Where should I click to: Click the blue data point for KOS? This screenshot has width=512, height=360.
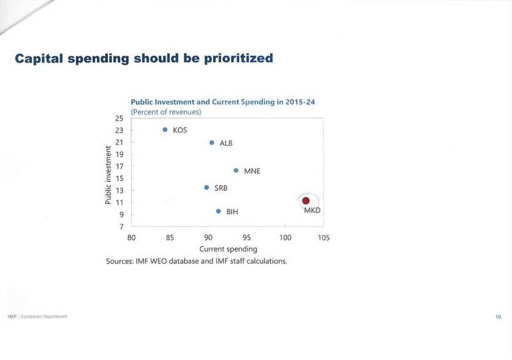click(165, 130)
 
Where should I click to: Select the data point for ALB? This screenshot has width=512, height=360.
click(212, 143)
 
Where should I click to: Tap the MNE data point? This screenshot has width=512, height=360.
click(236, 170)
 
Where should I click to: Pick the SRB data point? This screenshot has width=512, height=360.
click(206, 187)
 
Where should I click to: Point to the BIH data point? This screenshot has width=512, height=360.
click(218, 212)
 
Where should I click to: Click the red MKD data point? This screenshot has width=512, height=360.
click(306, 201)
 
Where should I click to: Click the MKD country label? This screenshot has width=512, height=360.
click(312, 210)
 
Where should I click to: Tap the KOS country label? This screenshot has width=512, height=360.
click(180, 131)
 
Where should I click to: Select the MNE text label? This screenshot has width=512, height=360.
click(252, 171)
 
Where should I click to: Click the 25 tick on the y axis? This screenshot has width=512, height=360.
click(119, 118)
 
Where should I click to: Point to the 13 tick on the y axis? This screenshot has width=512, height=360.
click(119, 190)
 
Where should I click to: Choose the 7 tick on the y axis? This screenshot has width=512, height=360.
click(121, 226)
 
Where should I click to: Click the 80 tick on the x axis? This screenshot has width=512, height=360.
click(132, 238)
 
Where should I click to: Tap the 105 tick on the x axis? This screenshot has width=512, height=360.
click(323, 238)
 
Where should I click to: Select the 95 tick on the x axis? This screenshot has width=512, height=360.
click(247, 238)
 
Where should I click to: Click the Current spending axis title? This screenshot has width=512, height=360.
click(228, 249)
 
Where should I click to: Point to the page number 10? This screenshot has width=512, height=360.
click(498, 317)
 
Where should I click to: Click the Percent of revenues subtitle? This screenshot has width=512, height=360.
click(165, 112)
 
